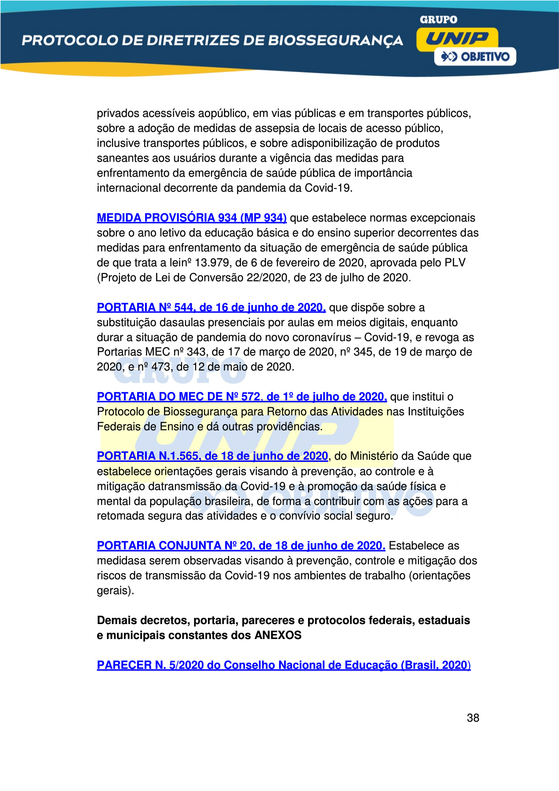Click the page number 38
coord(473,718)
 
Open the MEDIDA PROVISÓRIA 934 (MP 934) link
coord(192,218)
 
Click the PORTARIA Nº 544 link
coord(211,308)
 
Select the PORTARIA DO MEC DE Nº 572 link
coord(242,397)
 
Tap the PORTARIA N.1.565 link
coord(212,456)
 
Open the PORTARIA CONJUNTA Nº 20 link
coord(241,546)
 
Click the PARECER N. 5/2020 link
coord(283,665)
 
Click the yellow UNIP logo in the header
coord(457,39)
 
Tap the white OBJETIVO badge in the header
coord(475,57)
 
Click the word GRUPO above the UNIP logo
coord(438,20)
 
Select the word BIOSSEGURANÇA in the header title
coord(336,40)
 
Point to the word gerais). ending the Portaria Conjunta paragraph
coord(115,591)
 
